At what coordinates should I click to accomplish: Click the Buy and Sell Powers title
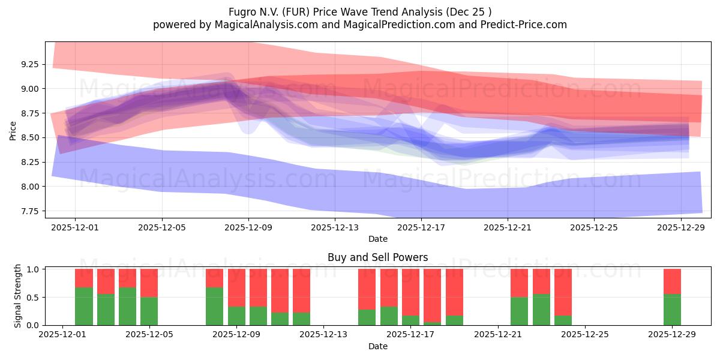tap(377, 257)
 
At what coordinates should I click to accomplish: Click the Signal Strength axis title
tap(17, 296)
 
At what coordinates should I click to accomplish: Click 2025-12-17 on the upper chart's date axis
tap(421, 227)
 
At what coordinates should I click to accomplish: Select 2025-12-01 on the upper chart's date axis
tap(75, 227)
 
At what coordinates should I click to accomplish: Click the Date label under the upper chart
tap(377, 239)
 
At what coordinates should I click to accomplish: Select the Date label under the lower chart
tap(377, 346)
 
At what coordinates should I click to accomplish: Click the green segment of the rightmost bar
tap(672, 310)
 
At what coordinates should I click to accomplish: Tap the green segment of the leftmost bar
tap(84, 307)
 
